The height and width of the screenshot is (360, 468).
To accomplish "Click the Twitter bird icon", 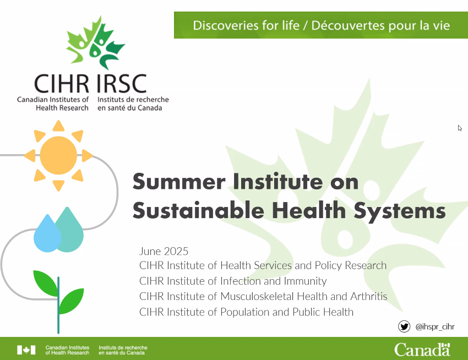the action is [x=404, y=326].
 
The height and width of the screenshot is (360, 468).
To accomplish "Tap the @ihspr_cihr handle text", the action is [x=435, y=327].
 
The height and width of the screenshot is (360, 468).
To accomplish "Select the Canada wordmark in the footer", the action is [x=422, y=350].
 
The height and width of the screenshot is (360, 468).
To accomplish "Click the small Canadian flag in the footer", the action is [x=26, y=350].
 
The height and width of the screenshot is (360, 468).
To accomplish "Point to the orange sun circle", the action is [x=58, y=156].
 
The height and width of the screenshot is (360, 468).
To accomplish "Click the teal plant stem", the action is [x=58, y=305].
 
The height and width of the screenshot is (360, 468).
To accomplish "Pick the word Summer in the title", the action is [x=179, y=182].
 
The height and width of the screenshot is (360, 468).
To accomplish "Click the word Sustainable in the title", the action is [x=198, y=210].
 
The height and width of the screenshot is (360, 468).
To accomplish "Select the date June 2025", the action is [x=164, y=252].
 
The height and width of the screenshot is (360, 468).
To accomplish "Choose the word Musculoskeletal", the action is [x=257, y=296].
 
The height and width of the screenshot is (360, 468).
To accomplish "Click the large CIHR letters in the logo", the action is [x=62, y=83].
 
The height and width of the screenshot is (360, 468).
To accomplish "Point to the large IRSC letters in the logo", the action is [x=122, y=83].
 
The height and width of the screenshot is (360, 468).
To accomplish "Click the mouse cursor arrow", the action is [x=460, y=128].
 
